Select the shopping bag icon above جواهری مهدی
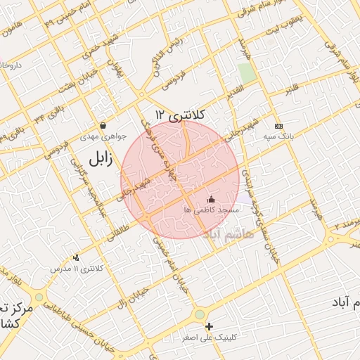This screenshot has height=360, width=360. tap(103, 126)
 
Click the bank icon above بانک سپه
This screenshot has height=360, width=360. tap(279, 126)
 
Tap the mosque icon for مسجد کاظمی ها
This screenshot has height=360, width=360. tap(211, 200)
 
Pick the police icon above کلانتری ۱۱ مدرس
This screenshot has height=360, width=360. tap(76, 257)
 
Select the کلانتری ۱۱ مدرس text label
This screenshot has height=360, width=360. tap(78, 269)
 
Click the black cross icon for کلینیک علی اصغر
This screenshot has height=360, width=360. tap(209, 326)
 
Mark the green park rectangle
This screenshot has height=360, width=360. tap(245, 72)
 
